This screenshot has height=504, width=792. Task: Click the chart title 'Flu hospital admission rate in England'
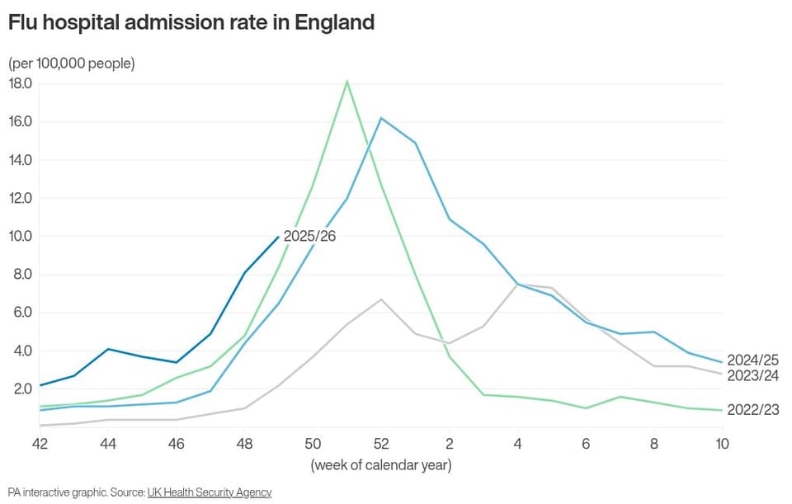pyautogui.click(x=191, y=23)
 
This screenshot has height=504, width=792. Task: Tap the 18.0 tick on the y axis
pyautogui.click(x=20, y=83)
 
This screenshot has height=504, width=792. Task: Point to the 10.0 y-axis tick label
pyautogui.click(x=20, y=237)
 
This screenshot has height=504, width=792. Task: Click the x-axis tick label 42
pyautogui.click(x=40, y=444)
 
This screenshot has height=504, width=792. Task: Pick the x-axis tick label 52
pyautogui.click(x=381, y=444)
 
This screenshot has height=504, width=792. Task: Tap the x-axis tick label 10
pyautogui.click(x=723, y=444)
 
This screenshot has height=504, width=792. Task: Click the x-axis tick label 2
pyautogui.click(x=450, y=444)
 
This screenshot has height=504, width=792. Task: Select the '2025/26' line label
pyautogui.click(x=309, y=237)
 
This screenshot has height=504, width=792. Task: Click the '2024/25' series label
pyautogui.click(x=752, y=360)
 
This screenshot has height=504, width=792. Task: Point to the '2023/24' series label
pyautogui.click(x=752, y=375)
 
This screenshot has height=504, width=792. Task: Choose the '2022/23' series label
pyautogui.click(x=752, y=410)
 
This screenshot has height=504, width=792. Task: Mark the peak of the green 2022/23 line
pyautogui.click(x=347, y=81)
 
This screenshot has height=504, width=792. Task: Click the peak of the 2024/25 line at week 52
pyautogui.click(x=381, y=118)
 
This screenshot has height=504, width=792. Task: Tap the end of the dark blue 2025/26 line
pyautogui.click(x=278, y=237)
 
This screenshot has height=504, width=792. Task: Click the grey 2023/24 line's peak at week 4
pyautogui.click(x=518, y=285)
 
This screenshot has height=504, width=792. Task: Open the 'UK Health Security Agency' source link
pyautogui.click(x=210, y=492)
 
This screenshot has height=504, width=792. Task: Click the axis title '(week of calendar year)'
pyautogui.click(x=381, y=465)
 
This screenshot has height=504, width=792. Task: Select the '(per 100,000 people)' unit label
pyautogui.click(x=72, y=64)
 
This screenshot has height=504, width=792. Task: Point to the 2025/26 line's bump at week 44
pyautogui.click(x=108, y=349)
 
